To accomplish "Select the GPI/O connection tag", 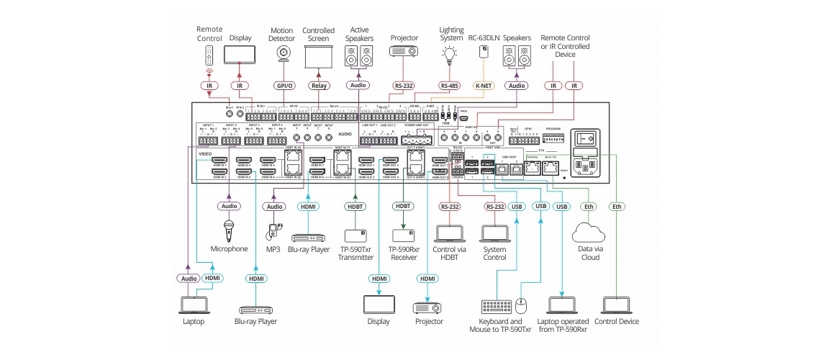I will tap(285, 86).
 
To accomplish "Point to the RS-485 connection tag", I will tap(450, 86).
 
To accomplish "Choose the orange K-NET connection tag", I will tap(482, 86).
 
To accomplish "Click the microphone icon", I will tap(228, 230).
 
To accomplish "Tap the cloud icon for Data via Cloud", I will tap(589, 233).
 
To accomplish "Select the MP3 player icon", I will tap(274, 230).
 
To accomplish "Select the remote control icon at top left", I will tap(209, 55).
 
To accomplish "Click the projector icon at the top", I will tap(403, 52).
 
